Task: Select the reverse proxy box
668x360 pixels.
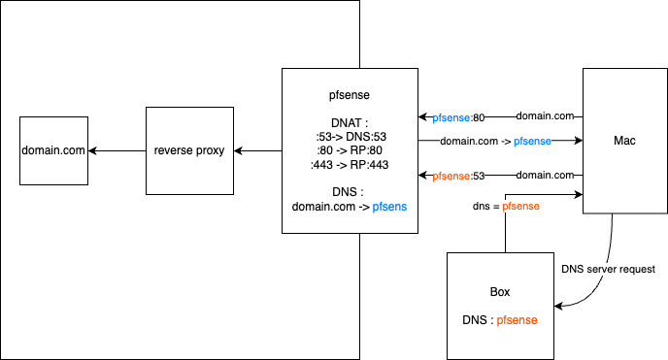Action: pyautogui.click(x=191, y=150)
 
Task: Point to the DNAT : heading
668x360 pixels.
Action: pyautogui.click(x=350, y=123)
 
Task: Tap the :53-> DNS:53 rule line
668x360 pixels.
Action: pyautogui.click(x=350, y=137)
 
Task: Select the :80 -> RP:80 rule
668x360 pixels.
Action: pyautogui.click(x=350, y=150)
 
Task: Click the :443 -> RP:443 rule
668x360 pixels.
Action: pyautogui.click(x=350, y=164)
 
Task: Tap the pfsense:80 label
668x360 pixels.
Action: pyautogui.click(x=458, y=117)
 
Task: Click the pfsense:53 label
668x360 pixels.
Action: pyautogui.click(x=458, y=177)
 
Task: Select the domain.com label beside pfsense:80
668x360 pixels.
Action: pyautogui.click(x=545, y=116)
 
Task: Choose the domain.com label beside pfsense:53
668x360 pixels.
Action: pyautogui.click(x=545, y=176)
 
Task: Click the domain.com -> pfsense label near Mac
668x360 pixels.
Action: pyautogui.click(x=495, y=142)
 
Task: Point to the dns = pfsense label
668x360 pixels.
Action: pyautogui.click(x=506, y=206)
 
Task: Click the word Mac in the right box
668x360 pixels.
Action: pyautogui.click(x=625, y=141)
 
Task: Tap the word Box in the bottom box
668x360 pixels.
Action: pyautogui.click(x=500, y=292)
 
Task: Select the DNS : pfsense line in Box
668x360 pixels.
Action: pyautogui.click(x=500, y=319)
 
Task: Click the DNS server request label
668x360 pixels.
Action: pyautogui.click(x=609, y=269)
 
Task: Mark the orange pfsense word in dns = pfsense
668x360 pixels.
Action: pyautogui.click(x=520, y=206)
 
